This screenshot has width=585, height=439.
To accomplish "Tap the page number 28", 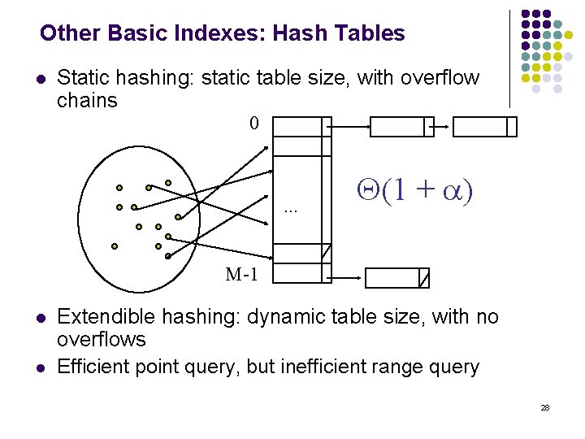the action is [x=545, y=406].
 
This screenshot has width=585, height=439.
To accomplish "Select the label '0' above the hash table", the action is [x=254, y=124].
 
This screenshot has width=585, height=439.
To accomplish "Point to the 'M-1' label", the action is [x=241, y=274].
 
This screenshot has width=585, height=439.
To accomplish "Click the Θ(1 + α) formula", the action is [x=415, y=192].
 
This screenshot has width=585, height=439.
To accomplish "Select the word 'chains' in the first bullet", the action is [x=87, y=101].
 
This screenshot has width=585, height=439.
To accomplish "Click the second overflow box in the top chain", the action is [x=484, y=127].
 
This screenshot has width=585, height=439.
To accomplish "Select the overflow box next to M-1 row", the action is [x=396, y=278].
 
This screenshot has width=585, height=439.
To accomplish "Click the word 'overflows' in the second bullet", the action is [x=102, y=339].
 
